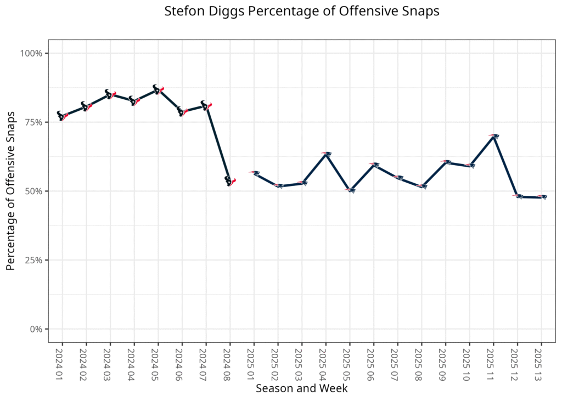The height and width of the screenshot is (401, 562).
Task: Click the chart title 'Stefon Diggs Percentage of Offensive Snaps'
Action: point(302,12)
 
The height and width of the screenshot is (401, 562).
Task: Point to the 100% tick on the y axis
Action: point(32,53)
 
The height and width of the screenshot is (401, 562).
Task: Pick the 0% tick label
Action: point(36,329)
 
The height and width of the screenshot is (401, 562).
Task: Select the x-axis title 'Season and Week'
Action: point(302,388)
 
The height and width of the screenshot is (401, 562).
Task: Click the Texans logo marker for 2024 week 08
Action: point(230,181)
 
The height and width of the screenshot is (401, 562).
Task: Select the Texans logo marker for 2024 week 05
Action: point(158,89)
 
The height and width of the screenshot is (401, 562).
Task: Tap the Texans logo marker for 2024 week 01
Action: point(62,116)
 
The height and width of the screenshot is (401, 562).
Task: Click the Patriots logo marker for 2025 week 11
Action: point(493,136)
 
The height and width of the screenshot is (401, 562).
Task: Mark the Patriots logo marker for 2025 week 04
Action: point(326,154)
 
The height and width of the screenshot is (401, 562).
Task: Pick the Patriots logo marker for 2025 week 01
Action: point(254,173)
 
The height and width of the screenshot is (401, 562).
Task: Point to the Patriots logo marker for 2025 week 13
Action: point(542,196)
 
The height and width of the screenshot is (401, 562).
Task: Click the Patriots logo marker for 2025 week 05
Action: point(350,190)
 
